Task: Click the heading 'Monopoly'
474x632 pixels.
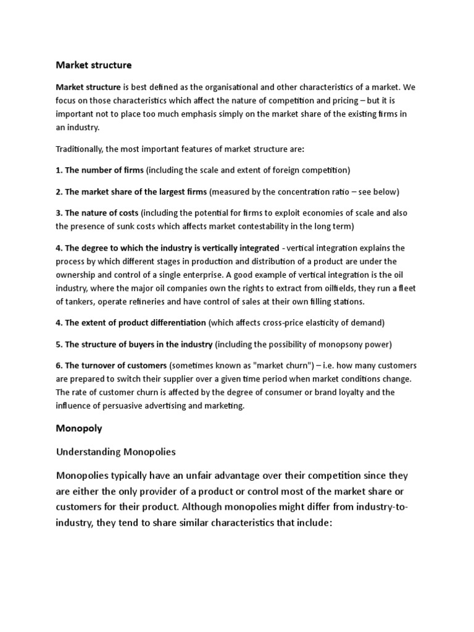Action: click(x=79, y=428)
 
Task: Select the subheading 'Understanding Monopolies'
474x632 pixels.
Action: click(x=116, y=452)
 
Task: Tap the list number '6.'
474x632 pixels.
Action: click(x=59, y=365)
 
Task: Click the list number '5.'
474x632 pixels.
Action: click(x=59, y=344)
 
